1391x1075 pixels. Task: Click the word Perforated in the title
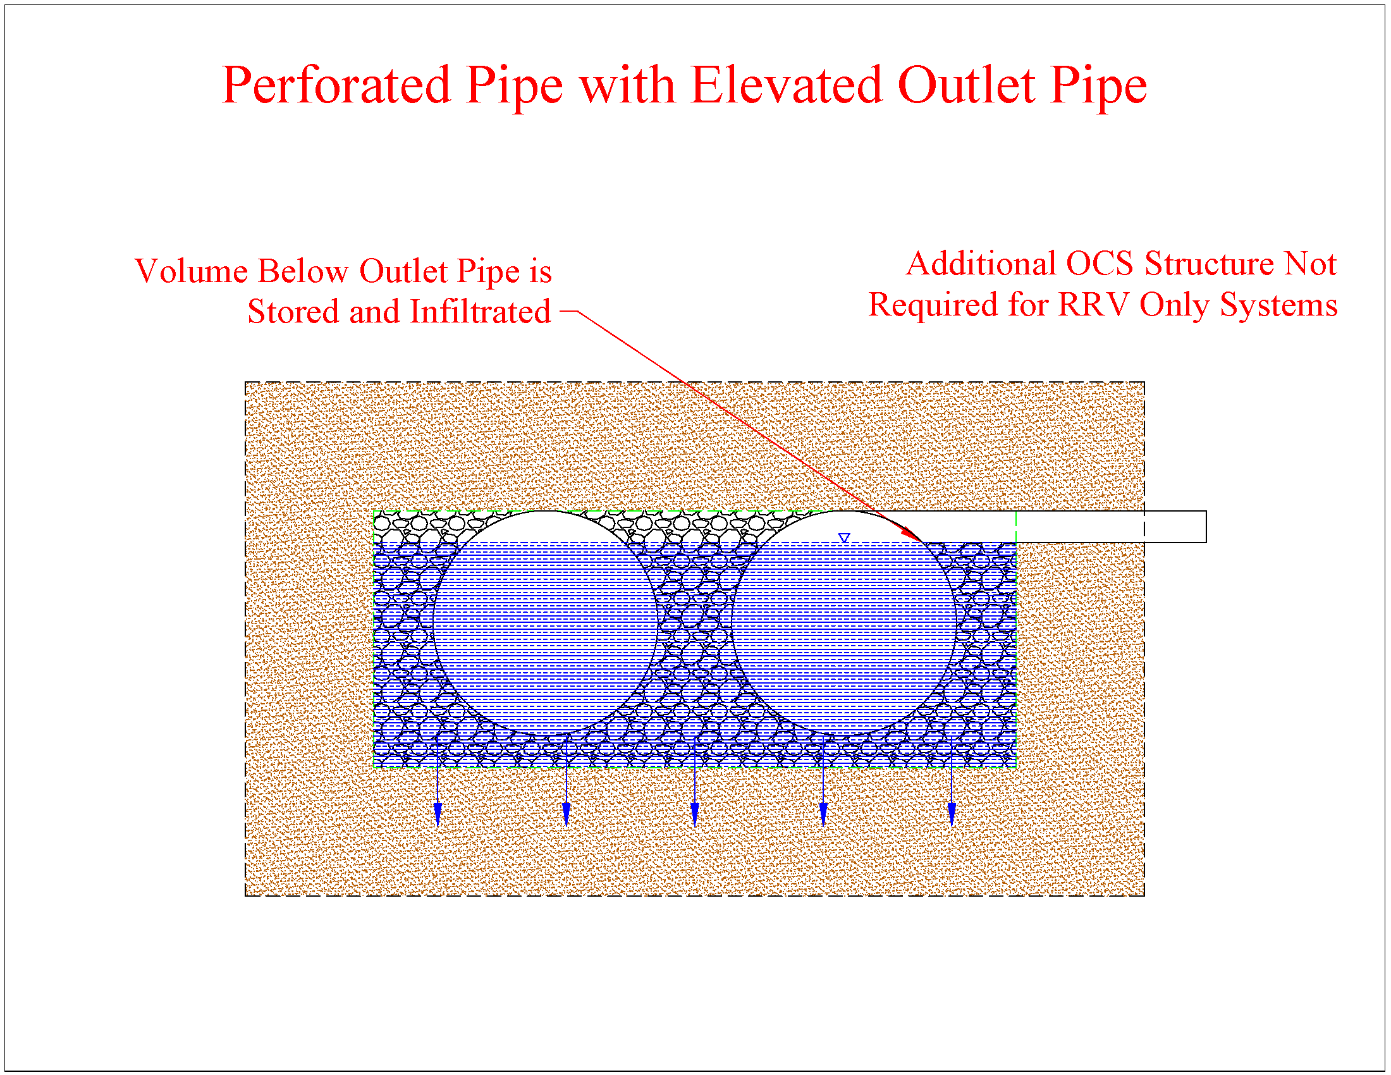pos(336,85)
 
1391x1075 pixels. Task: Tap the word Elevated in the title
pos(787,85)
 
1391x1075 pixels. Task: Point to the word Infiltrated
pos(481,311)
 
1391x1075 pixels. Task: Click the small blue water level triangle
pos(844,538)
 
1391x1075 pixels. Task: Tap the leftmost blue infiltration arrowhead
pos(438,815)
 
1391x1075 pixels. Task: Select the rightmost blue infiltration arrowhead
pos(952,815)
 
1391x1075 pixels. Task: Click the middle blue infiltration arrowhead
pos(695,815)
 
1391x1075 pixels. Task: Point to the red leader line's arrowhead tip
pos(922,541)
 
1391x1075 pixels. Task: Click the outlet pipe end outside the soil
pos(1206,527)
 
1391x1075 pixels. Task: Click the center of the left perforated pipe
pos(545,623)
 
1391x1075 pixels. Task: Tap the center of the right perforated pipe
pos(844,623)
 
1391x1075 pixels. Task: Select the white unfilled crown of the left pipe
pos(545,527)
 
